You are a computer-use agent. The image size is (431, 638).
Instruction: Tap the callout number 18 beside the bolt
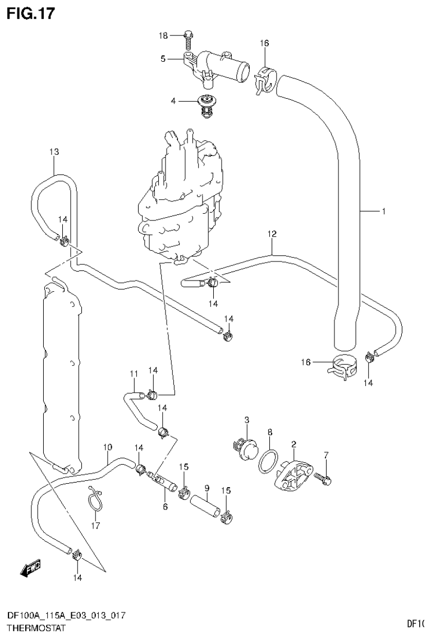tap(163, 36)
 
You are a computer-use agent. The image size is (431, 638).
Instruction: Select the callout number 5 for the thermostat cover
tap(163, 58)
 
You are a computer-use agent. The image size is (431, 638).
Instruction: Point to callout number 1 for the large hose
tap(383, 212)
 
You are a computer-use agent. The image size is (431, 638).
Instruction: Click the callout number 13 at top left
tap(54, 152)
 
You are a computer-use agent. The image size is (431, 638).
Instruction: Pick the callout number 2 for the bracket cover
tap(293, 444)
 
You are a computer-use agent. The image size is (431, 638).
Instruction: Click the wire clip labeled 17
tap(95, 499)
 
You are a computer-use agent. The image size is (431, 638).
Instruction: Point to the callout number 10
tap(108, 447)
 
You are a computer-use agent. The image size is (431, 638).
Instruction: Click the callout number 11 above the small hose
tap(134, 374)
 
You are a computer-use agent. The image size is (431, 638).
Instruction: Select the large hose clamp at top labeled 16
tap(264, 80)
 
